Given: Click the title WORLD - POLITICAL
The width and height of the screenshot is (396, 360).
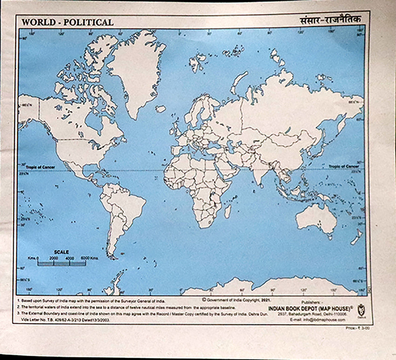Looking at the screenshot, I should [x=67, y=22].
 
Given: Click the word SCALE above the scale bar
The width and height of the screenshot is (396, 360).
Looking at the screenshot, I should [x=61, y=252].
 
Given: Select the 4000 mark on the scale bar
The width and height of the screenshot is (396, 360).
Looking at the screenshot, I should [x=69, y=258].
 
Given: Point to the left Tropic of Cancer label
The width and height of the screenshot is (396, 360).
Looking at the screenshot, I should [x=41, y=167].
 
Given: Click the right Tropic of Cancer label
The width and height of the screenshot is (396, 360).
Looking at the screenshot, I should [x=343, y=166].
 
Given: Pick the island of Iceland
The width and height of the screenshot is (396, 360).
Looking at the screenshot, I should [x=161, y=109].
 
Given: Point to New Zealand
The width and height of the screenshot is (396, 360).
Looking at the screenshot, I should [x=357, y=235].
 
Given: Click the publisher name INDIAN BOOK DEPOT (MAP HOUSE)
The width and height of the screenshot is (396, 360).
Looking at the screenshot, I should [x=311, y=308].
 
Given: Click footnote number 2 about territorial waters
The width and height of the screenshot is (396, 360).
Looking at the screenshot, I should [x=126, y=308].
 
